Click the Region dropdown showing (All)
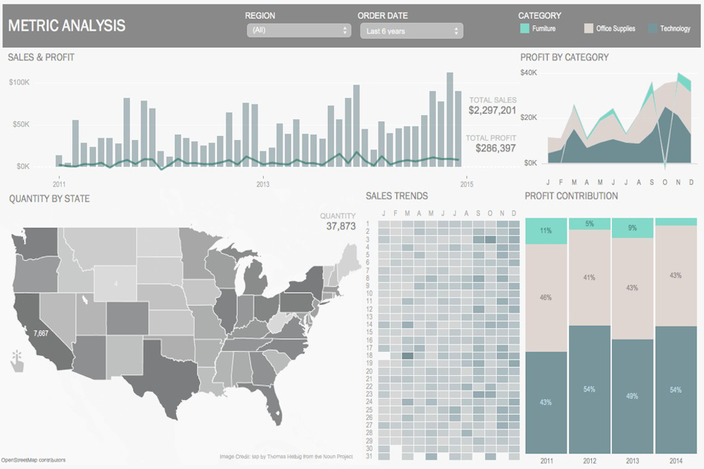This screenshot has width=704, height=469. pyautogui.click(x=299, y=30)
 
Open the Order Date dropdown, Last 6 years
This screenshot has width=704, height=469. pyautogui.click(x=411, y=31)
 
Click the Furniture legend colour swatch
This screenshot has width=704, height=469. pyautogui.click(x=525, y=28)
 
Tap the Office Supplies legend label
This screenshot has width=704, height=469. pyautogui.click(x=615, y=29)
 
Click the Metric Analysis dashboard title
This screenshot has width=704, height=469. pyautogui.click(x=67, y=25)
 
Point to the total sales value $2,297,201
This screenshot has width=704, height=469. pyautogui.click(x=492, y=110)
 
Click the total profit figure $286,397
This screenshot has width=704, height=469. pyautogui.click(x=496, y=148)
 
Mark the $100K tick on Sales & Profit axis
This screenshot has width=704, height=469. pyautogui.click(x=19, y=83)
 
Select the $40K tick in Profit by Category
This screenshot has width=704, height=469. pyautogui.click(x=529, y=73)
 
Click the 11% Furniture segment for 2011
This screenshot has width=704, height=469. pyautogui.click(x=546, y=231)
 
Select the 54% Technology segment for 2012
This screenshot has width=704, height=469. pyautogui.click(x=589, y=389)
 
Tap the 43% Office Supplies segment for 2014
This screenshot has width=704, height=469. pyautogui.click(x=675, y=276)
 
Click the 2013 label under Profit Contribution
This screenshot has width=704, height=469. pyautogui.click(x=632, y=461)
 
